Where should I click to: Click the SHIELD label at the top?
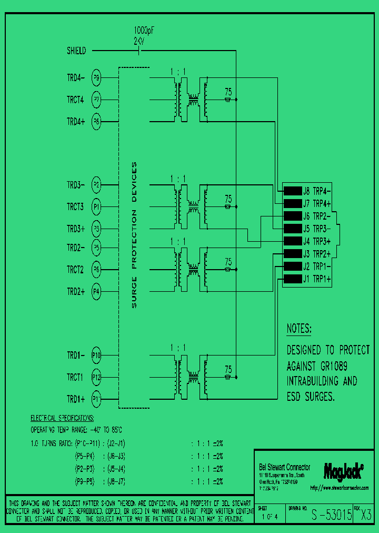click(76, 51)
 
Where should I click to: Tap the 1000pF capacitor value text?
click(143, 31)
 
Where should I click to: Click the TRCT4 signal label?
click(75, 99)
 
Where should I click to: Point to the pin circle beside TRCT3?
click(96, 207)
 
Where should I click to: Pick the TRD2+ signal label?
click(75, 291)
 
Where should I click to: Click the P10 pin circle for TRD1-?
click(96, 355)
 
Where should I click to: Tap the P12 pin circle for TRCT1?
click(96, 377)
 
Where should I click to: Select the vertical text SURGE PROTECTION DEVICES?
click(134, 235)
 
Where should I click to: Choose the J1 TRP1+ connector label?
click(316, 279)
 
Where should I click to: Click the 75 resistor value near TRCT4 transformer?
click(228, 91)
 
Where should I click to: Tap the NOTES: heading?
click(299, 329)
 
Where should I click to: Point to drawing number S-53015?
click(332, 516)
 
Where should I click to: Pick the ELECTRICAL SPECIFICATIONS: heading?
click(62, 418)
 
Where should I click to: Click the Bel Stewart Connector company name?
click(285, 467)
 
